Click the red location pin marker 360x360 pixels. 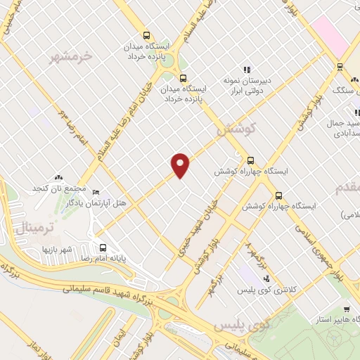181,165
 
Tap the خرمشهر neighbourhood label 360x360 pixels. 71,56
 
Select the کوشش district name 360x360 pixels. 235,129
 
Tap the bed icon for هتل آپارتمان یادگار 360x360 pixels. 96,192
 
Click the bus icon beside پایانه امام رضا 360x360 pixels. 103,247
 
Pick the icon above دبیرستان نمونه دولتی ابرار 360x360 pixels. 247,70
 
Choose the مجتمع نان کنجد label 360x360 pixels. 58,189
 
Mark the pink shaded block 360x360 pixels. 330,35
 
